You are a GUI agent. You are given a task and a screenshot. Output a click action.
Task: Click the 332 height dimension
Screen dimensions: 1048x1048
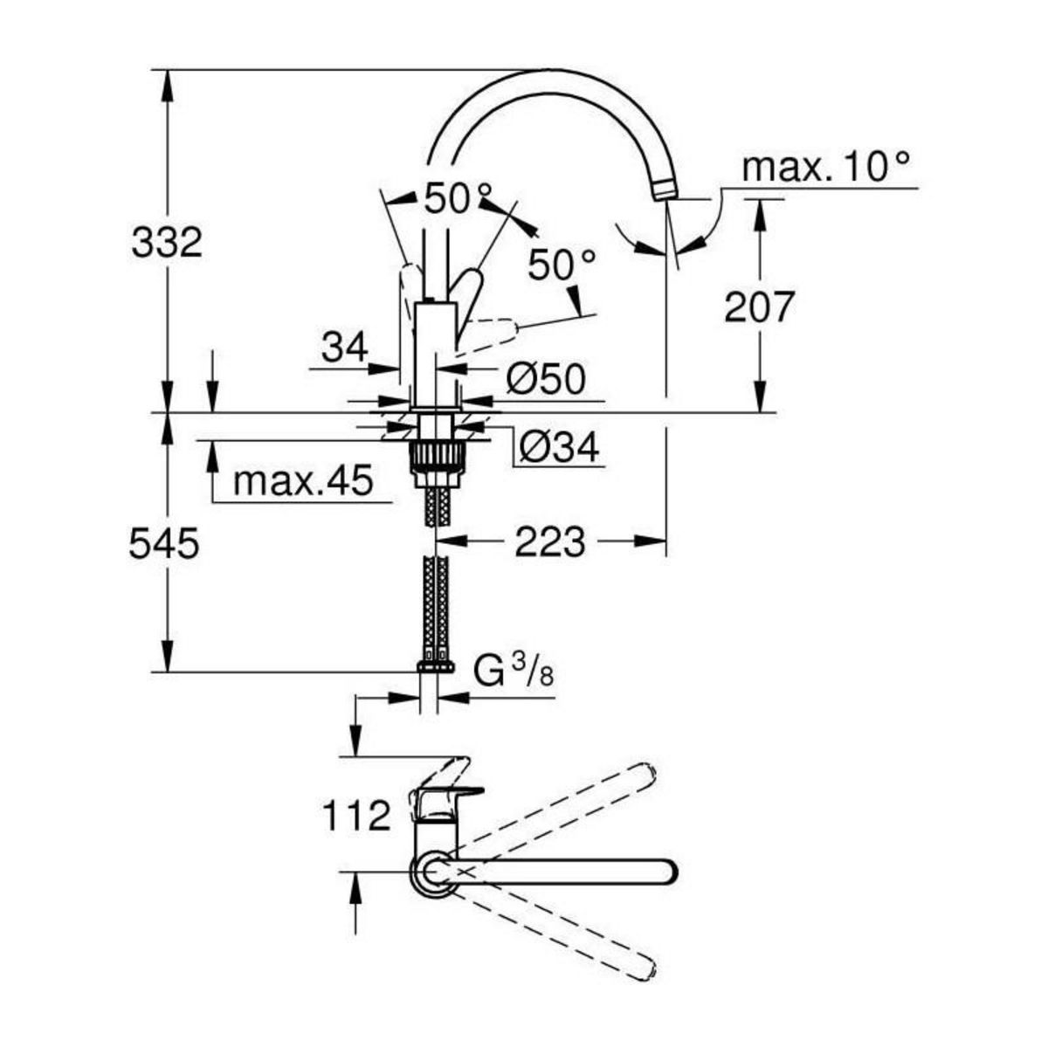point(167,242)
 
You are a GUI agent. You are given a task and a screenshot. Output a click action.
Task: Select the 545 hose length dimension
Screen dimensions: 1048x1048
point(164,544)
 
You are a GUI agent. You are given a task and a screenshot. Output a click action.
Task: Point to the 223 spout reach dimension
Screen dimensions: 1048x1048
point(548,543)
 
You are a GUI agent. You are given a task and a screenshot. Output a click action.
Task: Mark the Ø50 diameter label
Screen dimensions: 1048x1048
point(545,379)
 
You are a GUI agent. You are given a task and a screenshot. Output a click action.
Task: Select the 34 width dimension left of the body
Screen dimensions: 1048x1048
point(344,348)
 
